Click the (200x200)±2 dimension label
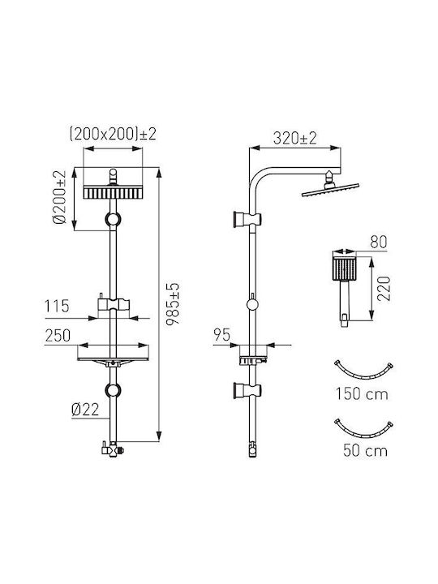click(113, 134)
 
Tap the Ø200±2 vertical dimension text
click(59, 197)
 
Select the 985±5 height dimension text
click(173, 304)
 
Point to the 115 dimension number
click(57, 306)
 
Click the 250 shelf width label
click(58, 336)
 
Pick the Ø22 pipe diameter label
click(85, 410)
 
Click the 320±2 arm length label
click(294, 138)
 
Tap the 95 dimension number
click(222, 335)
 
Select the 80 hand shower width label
click(379, 242)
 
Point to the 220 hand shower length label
click(384, 289)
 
